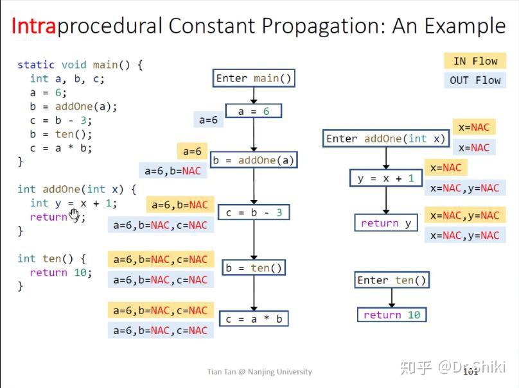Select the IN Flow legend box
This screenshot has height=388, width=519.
475,61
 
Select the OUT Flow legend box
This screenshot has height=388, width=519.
475,80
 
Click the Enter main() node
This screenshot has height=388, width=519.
254,78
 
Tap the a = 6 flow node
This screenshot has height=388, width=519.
254,112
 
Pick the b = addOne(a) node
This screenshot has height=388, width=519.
253,160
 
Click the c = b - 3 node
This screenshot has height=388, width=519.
254,212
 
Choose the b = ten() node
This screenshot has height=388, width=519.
254,268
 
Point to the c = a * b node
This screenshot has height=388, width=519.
254,319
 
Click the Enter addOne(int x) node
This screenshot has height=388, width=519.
385,139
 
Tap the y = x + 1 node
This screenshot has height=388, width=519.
386,178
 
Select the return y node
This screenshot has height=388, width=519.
386,223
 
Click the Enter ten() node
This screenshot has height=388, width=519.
391,280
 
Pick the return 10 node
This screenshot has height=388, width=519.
391,315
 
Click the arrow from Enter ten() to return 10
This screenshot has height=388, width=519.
391,298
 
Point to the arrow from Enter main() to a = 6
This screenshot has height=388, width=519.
254,95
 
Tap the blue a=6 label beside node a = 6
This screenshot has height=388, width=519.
208,120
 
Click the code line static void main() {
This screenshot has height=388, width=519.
80,65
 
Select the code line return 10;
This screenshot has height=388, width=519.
61,273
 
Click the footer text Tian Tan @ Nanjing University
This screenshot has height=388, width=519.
259,372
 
